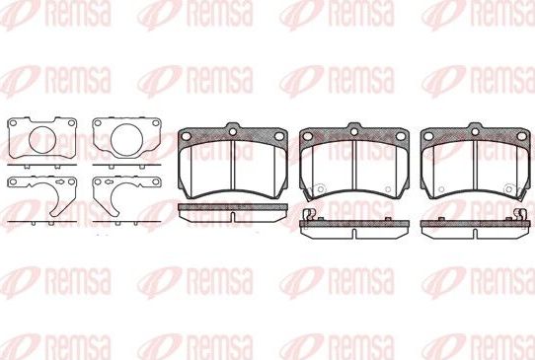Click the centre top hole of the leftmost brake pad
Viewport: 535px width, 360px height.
232,128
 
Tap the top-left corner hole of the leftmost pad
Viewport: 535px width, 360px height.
188,136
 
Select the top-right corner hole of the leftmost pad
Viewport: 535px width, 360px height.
276,136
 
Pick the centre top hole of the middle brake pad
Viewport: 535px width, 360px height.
352,128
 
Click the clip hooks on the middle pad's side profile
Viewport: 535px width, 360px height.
307,215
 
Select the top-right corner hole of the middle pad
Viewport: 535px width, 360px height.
396,136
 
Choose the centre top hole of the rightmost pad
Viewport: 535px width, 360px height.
474,128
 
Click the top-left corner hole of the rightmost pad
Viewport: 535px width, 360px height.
429,136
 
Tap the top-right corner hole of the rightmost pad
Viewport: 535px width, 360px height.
517,136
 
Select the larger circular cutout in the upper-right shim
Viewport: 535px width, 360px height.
125,138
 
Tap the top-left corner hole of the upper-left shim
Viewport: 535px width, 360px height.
12,125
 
